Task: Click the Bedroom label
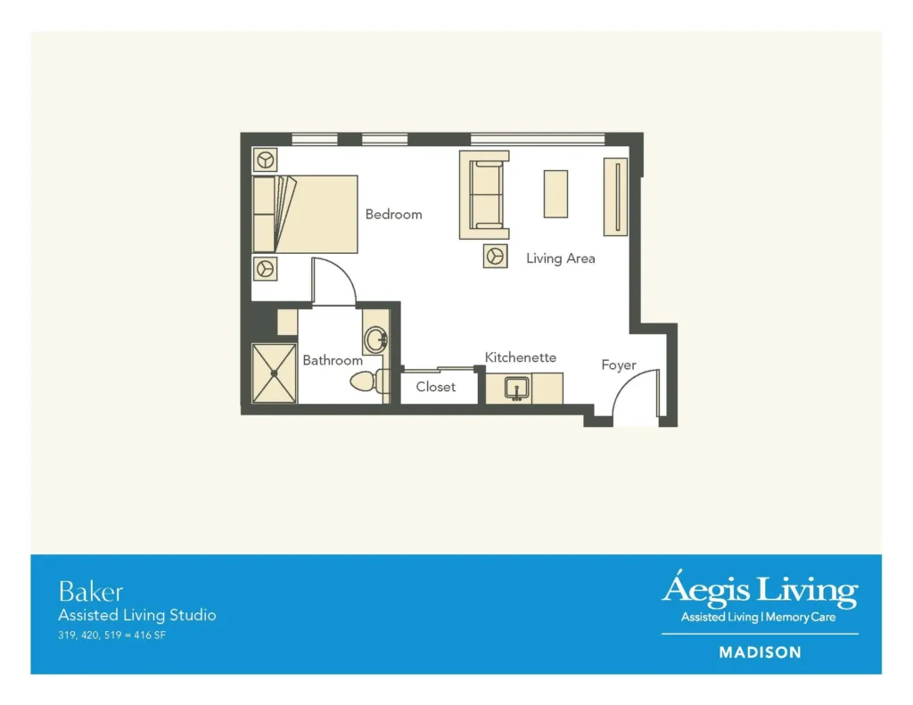point(393,214)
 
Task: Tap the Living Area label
point(561,258)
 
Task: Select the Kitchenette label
point(521,357)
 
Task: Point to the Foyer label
point(619,365)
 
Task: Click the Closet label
point(435,387)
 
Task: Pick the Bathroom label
point(333,360)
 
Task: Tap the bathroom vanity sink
point(375,339)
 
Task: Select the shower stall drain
point(275,373)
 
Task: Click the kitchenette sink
point(517,389)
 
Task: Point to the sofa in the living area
point(484,195)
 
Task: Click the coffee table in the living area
point(555,194)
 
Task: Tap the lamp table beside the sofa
point(495,256)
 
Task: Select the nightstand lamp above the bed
point(265,160)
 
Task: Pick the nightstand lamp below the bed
point(265,269)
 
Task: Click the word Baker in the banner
point(91,592)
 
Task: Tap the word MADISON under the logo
point(760,652)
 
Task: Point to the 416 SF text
point(150,635)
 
